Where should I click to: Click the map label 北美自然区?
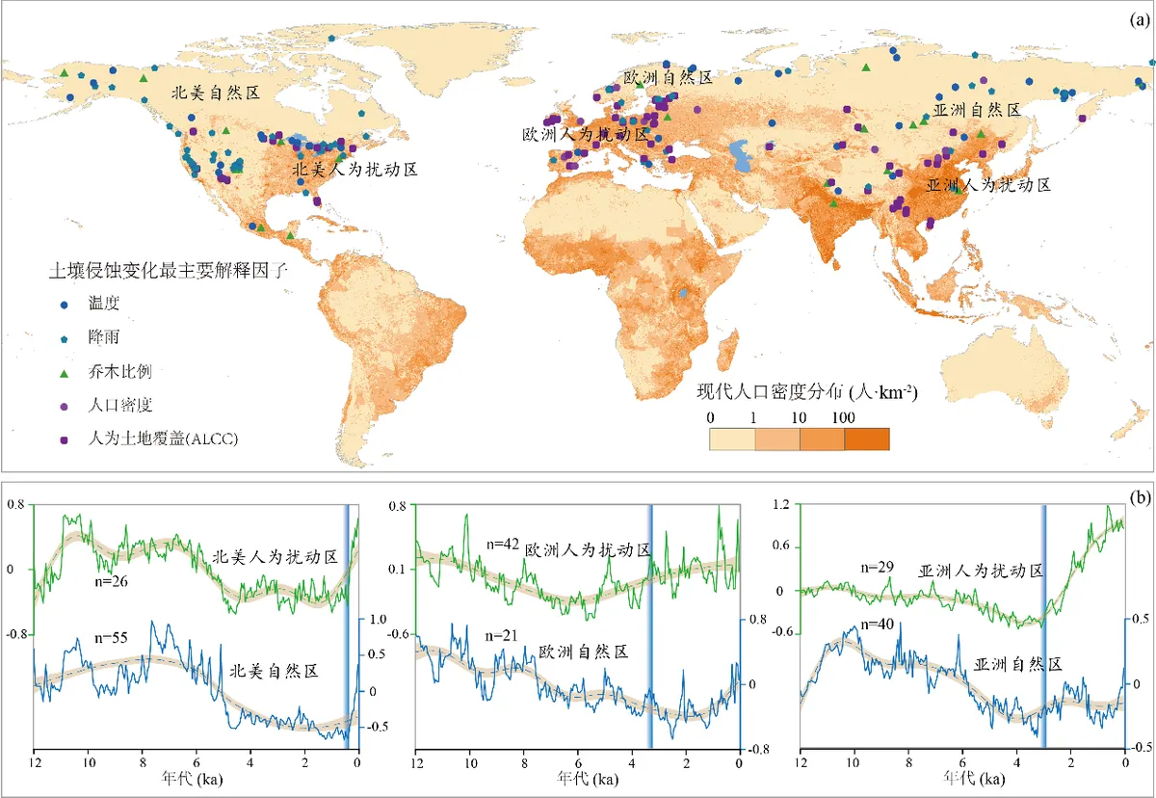(x=216, y=93)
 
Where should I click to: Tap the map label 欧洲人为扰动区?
(x=586, y=135)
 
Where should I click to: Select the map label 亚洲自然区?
(x=977, y=110)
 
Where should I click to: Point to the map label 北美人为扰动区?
(x=355, y=170)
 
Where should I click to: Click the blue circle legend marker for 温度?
(x=64, y=306)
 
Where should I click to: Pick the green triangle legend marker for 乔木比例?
(x=64, y=374)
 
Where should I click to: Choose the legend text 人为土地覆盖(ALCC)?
(x=163, y=439)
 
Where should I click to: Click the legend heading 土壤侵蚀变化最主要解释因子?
(x=169, y=270)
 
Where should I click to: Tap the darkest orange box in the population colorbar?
(x=867, y=439)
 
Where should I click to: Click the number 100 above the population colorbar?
(x=843, y=417)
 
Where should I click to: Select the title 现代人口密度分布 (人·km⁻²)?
(x=807, y=392)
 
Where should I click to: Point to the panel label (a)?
(x=1140, y=19)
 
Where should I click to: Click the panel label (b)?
(x=1140, y=497)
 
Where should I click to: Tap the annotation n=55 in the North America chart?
(x=111, y=637)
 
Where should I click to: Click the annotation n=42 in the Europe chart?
(x=503, y=544)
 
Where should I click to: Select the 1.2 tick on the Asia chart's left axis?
(x=782, y=504)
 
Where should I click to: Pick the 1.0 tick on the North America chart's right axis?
(x=378, y=619)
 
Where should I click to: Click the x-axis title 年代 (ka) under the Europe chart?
(x=588, y=778)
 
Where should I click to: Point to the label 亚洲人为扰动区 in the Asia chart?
(x=981, y=571)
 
